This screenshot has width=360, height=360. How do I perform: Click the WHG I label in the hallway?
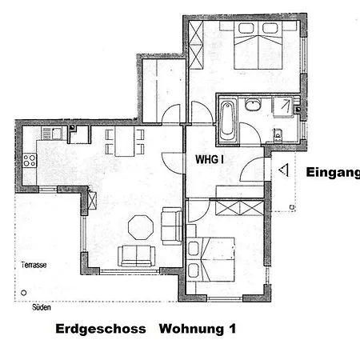(210, 159)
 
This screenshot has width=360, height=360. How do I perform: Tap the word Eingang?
(333, 172)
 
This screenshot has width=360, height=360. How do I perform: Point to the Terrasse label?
(34, 265)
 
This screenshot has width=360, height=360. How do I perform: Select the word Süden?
(42, 307)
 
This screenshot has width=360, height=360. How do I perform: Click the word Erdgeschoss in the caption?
(101, 329)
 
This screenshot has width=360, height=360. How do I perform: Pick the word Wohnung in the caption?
(191, 329)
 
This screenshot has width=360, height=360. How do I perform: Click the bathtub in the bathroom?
(227, 119)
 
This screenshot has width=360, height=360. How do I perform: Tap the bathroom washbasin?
(253, 105)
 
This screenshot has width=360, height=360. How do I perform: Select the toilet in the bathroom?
(278, 134)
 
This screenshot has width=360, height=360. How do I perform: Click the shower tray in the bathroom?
(282, 107)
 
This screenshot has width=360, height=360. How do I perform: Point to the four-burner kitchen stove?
(30, 161)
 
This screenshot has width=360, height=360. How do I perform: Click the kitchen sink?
(51, 134)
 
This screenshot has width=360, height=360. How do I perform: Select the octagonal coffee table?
(141, 227)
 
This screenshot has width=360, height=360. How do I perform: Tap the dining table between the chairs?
(125, 142)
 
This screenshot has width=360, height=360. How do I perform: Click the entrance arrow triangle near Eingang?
(284, 170)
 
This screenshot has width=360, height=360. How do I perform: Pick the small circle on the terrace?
(24, 293)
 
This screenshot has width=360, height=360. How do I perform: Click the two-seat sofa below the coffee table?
(137, 256)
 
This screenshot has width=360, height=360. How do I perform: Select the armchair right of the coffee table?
(172, 226)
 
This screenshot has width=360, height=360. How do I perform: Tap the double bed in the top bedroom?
(258, 46)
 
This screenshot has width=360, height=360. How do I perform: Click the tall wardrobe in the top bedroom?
(196, 46)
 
